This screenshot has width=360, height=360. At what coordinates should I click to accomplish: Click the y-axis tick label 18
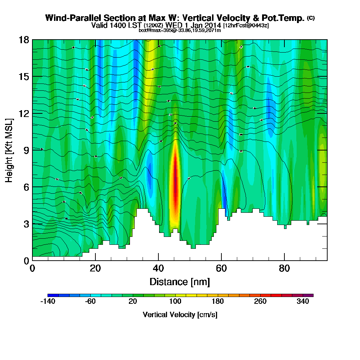click(x=24, y=40)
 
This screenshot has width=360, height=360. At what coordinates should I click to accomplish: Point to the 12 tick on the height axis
click(x=24, y=113)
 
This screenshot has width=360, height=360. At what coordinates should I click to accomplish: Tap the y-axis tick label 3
click(x=26, y=224)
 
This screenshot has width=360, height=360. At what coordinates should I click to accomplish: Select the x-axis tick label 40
click(x=158, y=269)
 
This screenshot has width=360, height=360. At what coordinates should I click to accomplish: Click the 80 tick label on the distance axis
click(x=284, y=269)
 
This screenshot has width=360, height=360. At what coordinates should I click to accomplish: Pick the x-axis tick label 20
click(x=95, y=269)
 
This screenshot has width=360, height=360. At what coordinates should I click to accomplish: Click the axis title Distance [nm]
click(x=180, y=281)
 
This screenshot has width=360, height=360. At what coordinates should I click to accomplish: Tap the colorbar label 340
click(x=303, y=301)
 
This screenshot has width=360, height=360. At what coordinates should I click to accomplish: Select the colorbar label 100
click(x=175, y=301)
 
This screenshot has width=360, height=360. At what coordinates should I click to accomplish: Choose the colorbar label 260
click(x=260, y=301)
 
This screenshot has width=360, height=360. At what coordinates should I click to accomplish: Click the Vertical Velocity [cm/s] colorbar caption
click(x=180, y=315)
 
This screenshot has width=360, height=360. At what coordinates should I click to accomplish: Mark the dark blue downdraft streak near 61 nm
click(x=224, y=194)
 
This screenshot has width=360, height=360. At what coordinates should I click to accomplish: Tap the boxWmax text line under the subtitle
click(x=180, y=30)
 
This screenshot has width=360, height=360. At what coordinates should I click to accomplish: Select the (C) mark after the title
click(x=311, y=18)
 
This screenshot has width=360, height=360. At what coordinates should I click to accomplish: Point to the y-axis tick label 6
click(x=26, y=186)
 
